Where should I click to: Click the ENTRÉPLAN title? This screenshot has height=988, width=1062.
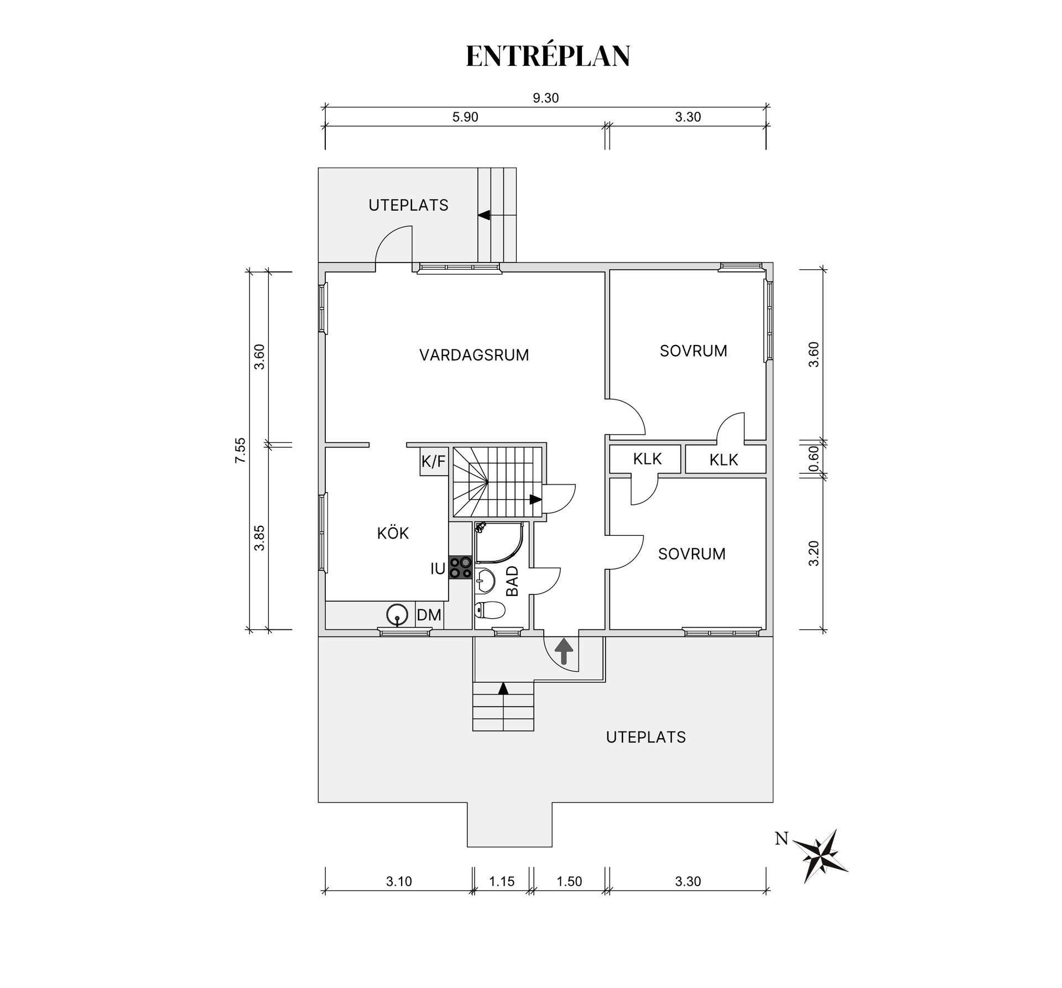pyautogui.click(x=548, y=55)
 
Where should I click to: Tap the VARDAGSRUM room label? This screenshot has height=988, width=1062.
pyautogui.click(x=474, y=355)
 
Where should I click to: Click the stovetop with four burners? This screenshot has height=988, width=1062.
pyautogui.click(x=460, y=567)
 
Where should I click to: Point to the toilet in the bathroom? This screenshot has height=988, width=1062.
pyautogui.click(x=490, y=610)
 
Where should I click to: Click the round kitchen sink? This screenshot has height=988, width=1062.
pyautogui.click(x=397, y=614)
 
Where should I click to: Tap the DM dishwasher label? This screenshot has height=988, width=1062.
pyautogui.click(x=429, y=615)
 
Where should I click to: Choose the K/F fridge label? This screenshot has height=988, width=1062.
pyautogui.click(x=434, y=462)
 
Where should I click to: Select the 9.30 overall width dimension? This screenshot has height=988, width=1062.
pyautogui.click(x=545, y=98)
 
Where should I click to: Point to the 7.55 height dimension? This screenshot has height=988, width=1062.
pyautogui.click(x=240, y=450)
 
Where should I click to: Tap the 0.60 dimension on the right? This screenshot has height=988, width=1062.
pyautogui.click(x=813, y=458)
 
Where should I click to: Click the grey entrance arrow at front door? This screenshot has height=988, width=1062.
pyautogui.click(x=564, y=651)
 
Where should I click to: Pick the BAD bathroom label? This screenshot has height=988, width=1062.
pyautogui.click(x=513, y=581)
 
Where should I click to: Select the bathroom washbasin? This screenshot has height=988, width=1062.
pyautogui.click(x=486, y=580)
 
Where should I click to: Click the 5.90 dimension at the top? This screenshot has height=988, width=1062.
pyautogui.click(x=465, y=117)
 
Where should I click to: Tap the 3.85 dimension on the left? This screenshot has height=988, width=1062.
pyautogui.click(x=259, y=538)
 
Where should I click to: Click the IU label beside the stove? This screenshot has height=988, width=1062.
pyautogui.click(x=438, y=568)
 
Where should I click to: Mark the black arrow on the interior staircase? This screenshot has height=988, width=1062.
pyautogui.click(x=535, y=499)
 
